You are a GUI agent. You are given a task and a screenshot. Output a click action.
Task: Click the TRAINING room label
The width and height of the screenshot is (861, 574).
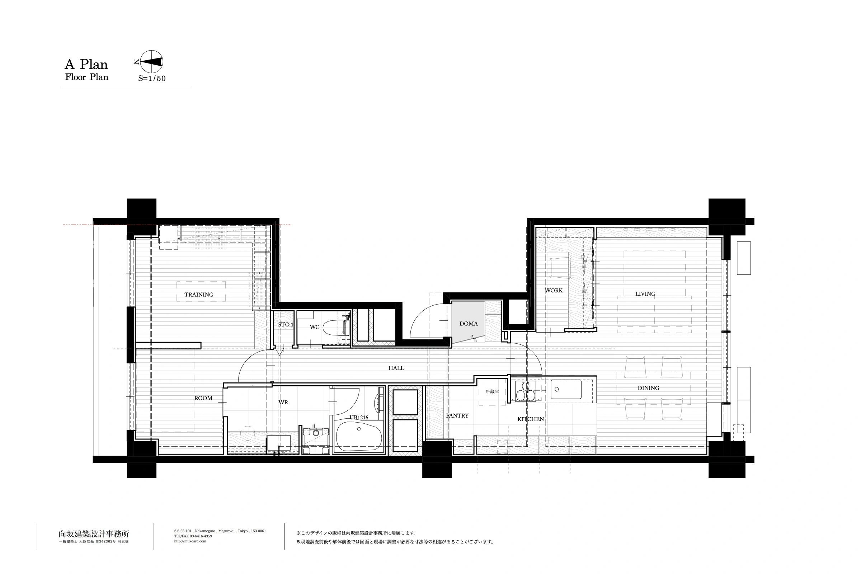click(199, 295)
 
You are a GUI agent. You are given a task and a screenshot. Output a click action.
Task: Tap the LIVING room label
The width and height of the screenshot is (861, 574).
click(645, 293)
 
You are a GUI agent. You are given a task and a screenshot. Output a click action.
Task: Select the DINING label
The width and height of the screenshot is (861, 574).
click(648, 388)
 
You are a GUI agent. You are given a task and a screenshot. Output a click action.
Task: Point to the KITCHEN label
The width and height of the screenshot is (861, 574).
click(531, 419)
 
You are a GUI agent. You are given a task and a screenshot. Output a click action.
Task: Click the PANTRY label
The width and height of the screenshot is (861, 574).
click(457, 415)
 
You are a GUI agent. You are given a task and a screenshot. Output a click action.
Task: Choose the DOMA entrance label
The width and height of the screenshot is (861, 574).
click(469, 324)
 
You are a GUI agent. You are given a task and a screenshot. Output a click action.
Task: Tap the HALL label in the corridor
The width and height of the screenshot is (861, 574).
click(396, 368)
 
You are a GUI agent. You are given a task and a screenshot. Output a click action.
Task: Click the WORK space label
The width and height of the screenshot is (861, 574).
click(554, 290)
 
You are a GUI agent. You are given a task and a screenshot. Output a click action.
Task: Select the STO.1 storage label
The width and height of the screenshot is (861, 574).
click(286, 324)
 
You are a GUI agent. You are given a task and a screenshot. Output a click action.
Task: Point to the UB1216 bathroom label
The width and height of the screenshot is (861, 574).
click(359, 417)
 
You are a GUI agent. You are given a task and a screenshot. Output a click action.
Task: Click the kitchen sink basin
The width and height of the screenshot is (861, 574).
click(566, 389)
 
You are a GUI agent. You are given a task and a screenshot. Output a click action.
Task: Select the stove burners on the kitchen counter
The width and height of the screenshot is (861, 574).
click(525, 391)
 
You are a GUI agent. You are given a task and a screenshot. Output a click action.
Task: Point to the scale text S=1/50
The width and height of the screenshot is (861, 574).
click(152, 78)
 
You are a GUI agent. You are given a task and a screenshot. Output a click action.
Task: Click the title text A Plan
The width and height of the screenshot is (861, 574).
click(86, 65)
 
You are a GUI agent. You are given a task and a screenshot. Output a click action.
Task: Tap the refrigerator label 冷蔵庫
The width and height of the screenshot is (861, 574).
click(492, 392)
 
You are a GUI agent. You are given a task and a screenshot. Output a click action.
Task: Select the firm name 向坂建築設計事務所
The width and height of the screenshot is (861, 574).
click(94, 534)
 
